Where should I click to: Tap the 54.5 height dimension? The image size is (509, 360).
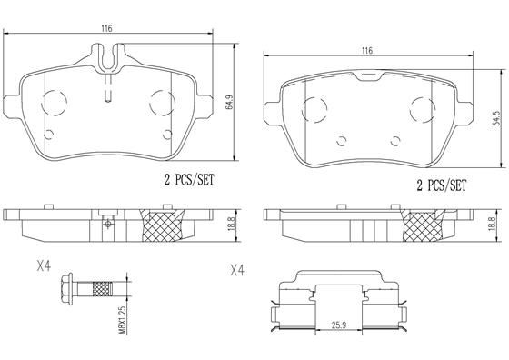coord(496,120)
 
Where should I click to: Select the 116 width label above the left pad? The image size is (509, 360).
coord(106,29)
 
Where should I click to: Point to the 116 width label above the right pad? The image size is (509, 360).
coord(366,51)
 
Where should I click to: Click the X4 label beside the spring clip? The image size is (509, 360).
coord(237,270)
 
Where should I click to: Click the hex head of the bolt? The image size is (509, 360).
coord(65,291)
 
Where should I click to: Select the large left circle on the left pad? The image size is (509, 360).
coord(52,101)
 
